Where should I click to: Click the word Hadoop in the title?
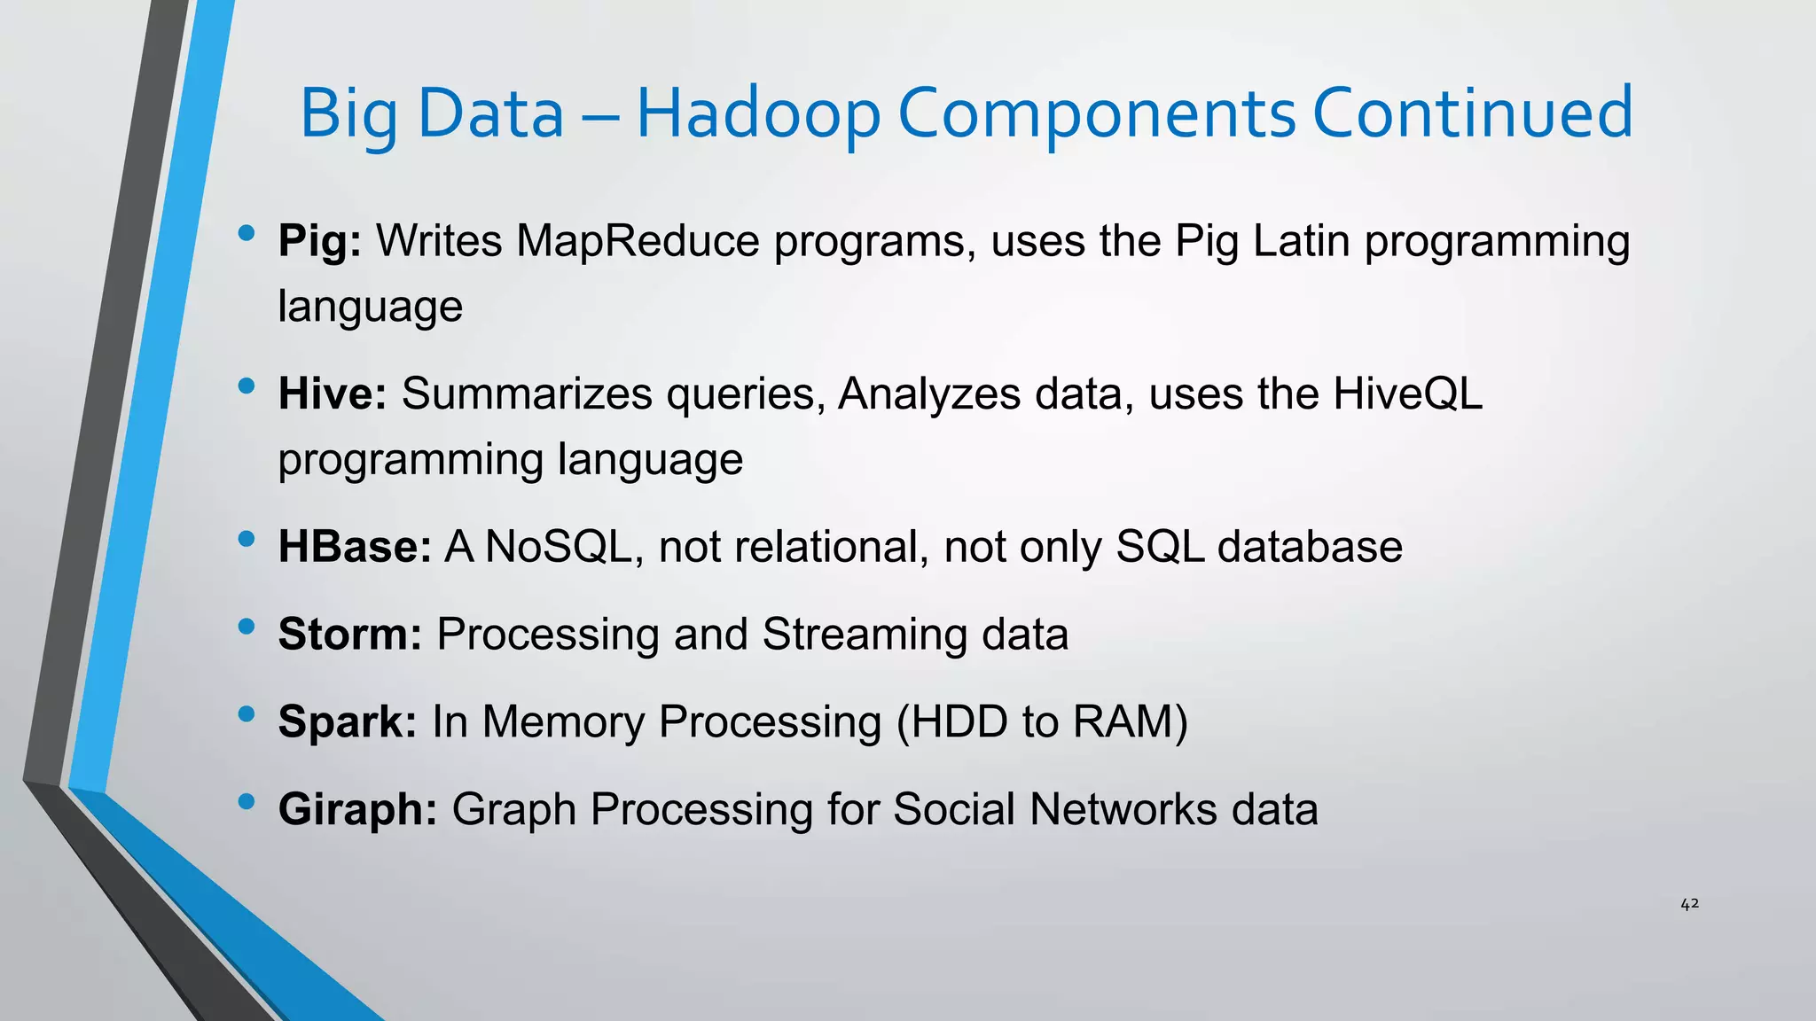[758, 113]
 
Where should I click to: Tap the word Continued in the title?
[1472, 113]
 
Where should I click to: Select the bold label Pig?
[320, 241]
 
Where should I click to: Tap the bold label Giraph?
[357, 809]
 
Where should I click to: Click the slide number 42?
[1689, 904]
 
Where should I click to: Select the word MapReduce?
[638, 241]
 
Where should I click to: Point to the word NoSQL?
[558, 547]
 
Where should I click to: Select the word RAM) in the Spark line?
[1130, 721]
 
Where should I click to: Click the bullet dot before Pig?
[247, 233]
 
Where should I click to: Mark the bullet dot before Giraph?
[247, 801]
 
